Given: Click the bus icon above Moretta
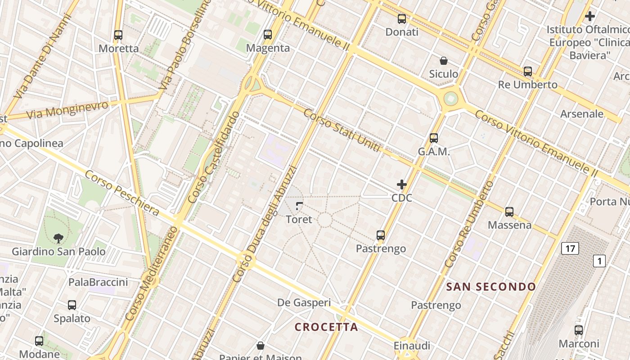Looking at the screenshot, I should pos(118,35).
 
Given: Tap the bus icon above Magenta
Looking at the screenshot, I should pos(268,34).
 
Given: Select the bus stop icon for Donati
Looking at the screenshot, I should pos(402,19).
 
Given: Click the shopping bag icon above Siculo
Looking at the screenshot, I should pos(444,60).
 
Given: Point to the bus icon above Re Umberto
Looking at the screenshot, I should pos(528,71).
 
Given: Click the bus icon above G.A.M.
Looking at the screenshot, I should pos(434,138).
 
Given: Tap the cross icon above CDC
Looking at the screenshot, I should pos(402,184).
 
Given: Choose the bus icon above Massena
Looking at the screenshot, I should pos(509,211).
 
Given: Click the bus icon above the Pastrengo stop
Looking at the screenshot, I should pos(381,235).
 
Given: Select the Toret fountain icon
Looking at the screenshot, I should pos(299,206).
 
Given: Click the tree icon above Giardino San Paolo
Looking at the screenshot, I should pos(58,238).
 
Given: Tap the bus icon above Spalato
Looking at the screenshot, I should pos(72,305).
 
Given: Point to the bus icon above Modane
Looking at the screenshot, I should pos(39,341).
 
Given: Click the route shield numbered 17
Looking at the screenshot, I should pos(570,248).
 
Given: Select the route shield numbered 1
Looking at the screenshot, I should pos(599,261).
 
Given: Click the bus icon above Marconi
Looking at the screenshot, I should pos(579,330).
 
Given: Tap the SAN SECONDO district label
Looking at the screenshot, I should pos(491,287).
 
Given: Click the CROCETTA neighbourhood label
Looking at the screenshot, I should pos(326,327).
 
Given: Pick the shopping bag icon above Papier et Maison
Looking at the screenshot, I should pos(260,346).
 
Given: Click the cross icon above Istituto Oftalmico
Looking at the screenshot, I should pos(590,16).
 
